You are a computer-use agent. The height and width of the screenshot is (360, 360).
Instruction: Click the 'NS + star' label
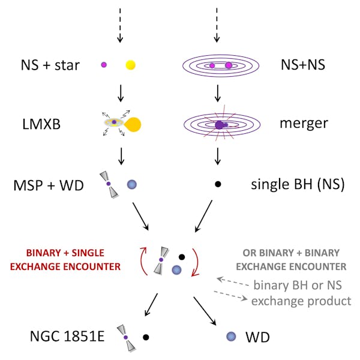(x=50, y=64)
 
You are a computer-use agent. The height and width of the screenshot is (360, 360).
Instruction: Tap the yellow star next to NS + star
(x=131, y=64)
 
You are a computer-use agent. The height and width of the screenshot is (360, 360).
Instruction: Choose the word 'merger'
(x=303, y=124)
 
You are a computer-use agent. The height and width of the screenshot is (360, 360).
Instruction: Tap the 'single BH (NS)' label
(x=297, y=184)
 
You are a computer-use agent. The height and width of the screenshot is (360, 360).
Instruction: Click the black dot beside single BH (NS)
(x=219, y=184)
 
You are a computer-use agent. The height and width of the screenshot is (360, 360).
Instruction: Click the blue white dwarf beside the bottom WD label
(x=230, y=337)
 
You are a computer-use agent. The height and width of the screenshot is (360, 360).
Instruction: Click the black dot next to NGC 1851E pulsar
(x=146, y=337)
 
